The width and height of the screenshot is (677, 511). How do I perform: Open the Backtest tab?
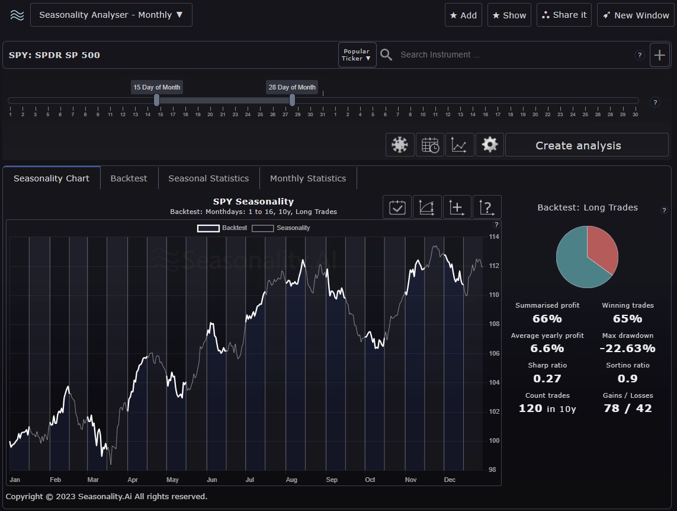[x=129, y=178]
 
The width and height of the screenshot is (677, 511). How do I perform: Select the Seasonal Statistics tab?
[x=208, y=178]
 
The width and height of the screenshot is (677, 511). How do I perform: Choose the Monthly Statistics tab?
[x=308, y=178]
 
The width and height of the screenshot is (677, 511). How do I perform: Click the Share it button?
[x=564, y=15]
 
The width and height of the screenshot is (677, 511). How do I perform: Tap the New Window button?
[x=636, y=15]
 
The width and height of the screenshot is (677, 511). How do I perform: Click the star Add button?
[x=463, y=15]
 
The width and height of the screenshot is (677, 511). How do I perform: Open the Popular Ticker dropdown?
[x=357, y=55]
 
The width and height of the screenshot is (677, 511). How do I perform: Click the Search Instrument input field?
[x=509, y=55]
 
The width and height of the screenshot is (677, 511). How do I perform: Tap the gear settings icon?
[x=490, y=145]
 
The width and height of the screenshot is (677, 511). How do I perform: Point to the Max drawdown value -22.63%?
[x=627, y=349]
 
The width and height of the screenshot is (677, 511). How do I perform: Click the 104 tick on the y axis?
[x=494, y=382]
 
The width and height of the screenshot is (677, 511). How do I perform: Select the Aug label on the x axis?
[x=291, y=480]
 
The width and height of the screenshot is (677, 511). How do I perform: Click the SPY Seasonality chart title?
[x=253, y=202]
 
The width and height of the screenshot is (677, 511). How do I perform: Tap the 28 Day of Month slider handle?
[x=292, y=100]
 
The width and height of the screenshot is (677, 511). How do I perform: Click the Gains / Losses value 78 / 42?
[x=627, y=408]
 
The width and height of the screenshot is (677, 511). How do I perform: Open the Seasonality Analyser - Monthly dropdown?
[x=111, y=15]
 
